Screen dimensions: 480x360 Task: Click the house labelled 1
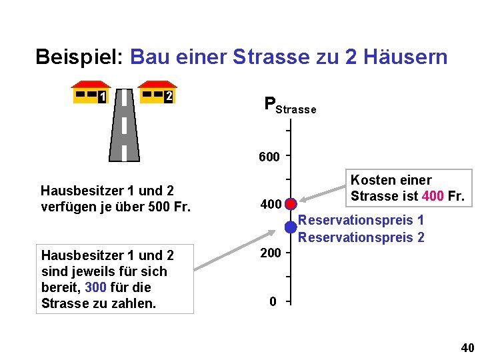click(91, 93)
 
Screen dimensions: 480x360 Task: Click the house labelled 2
click(157, 93)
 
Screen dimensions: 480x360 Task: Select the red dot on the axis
click(291, 203)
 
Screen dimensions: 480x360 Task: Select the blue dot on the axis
click(291, 227)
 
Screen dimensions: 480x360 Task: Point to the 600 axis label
click(269, 157)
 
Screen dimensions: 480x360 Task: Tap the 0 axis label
click(273, 302)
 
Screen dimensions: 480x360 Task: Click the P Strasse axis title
click(289, 105)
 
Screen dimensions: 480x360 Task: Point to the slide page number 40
click(467, 348)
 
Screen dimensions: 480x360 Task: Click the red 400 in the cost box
click(433, 196)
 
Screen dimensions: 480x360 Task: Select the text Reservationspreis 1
click(361, 221)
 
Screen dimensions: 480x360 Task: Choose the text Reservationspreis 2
click(361, 237)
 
